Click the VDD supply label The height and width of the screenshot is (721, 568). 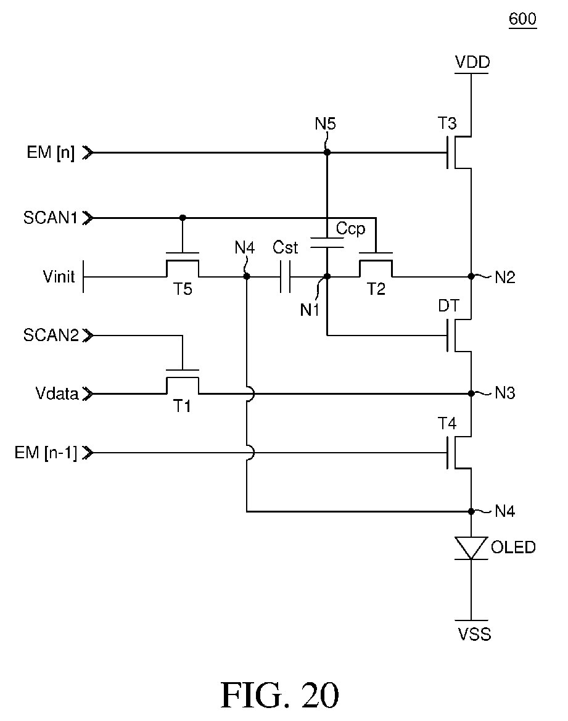pos(472,62)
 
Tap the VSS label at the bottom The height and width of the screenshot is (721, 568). pos(475,635)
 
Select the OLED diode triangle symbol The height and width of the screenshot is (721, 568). pos(471,548)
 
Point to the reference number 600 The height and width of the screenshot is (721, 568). pos(522,19)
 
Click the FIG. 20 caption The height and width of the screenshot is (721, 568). pos(280,695)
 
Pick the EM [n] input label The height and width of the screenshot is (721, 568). pos(51,152)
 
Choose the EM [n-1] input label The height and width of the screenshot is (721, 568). pos(46,453)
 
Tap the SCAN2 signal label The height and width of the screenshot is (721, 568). pos(51,335)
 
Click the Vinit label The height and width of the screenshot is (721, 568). pos(59,277)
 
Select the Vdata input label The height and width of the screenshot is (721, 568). pos(57,393)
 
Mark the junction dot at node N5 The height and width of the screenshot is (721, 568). pos(327,152)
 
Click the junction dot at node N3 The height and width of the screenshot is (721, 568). pos(471,393)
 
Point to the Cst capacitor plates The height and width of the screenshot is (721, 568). pos(285,277)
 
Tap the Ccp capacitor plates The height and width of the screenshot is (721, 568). pos(327,243)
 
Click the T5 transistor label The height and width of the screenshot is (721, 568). pos(183,289)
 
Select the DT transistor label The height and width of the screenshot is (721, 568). pos(448,306)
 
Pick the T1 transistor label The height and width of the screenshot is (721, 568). pos(182,406)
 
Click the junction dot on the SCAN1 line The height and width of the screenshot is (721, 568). pos(183,218)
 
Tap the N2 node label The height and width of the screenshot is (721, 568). pos(505,278)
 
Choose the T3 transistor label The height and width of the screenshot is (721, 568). pos(447,123)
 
